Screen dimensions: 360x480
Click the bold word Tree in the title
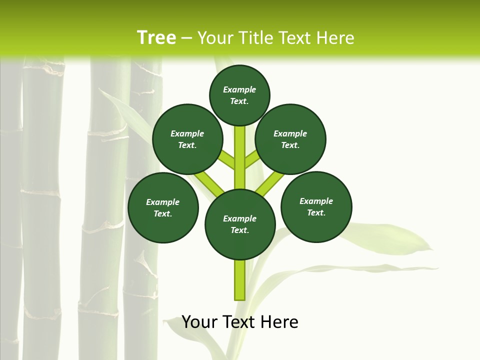pyautogui.click(x=156, y=37)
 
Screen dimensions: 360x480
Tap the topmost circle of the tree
pyautogui.click(x=239, y=95)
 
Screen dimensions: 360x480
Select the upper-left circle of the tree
pyautogui.click(x=187, y=139)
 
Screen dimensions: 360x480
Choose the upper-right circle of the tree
pyautogui.click(x=290, y=139)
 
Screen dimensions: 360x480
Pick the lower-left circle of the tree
pyautogui.click(x=163, y=207)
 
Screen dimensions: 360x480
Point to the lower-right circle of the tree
pyautogui.click(x=316, y=206)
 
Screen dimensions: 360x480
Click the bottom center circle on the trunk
pyautogui.click(x=240, y=224)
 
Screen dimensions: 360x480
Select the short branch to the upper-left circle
pyautogui.click(x=226, y=160)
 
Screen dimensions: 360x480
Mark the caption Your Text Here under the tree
pyautogui.click(x=240, y=322)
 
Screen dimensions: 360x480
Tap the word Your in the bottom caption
pyautogui.click(x=200, y=322)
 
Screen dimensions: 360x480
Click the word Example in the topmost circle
pyautogui.click(x=239, y=89)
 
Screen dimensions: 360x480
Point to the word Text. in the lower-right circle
pyautogui.click(x=316, y=212)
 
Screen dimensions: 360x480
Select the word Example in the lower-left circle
pyautogui.click(x=163, y=202)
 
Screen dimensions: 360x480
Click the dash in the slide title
pyautogui.click(x=186, y=37)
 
